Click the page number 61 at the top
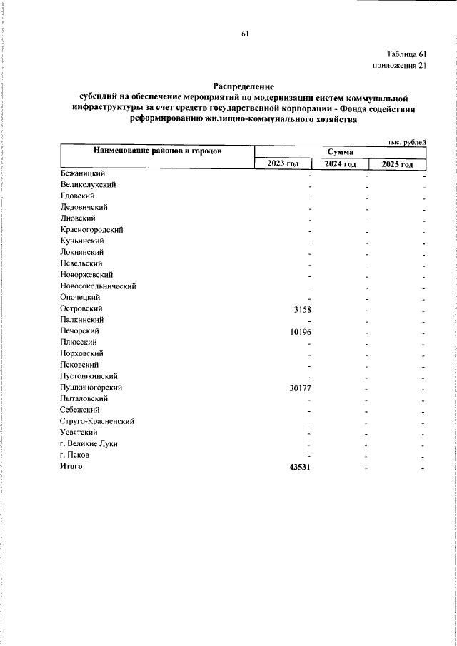click(245, 33)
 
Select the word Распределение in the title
click(243, 85)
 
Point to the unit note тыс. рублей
click(407, 142)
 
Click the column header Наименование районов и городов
click(156, 151)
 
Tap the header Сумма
click(341, 152)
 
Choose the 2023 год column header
click(283, 164)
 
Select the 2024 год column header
click(340, 164)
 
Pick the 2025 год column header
click(397, 164)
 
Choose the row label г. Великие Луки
click(89, 443)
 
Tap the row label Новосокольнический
click(99, 286)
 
